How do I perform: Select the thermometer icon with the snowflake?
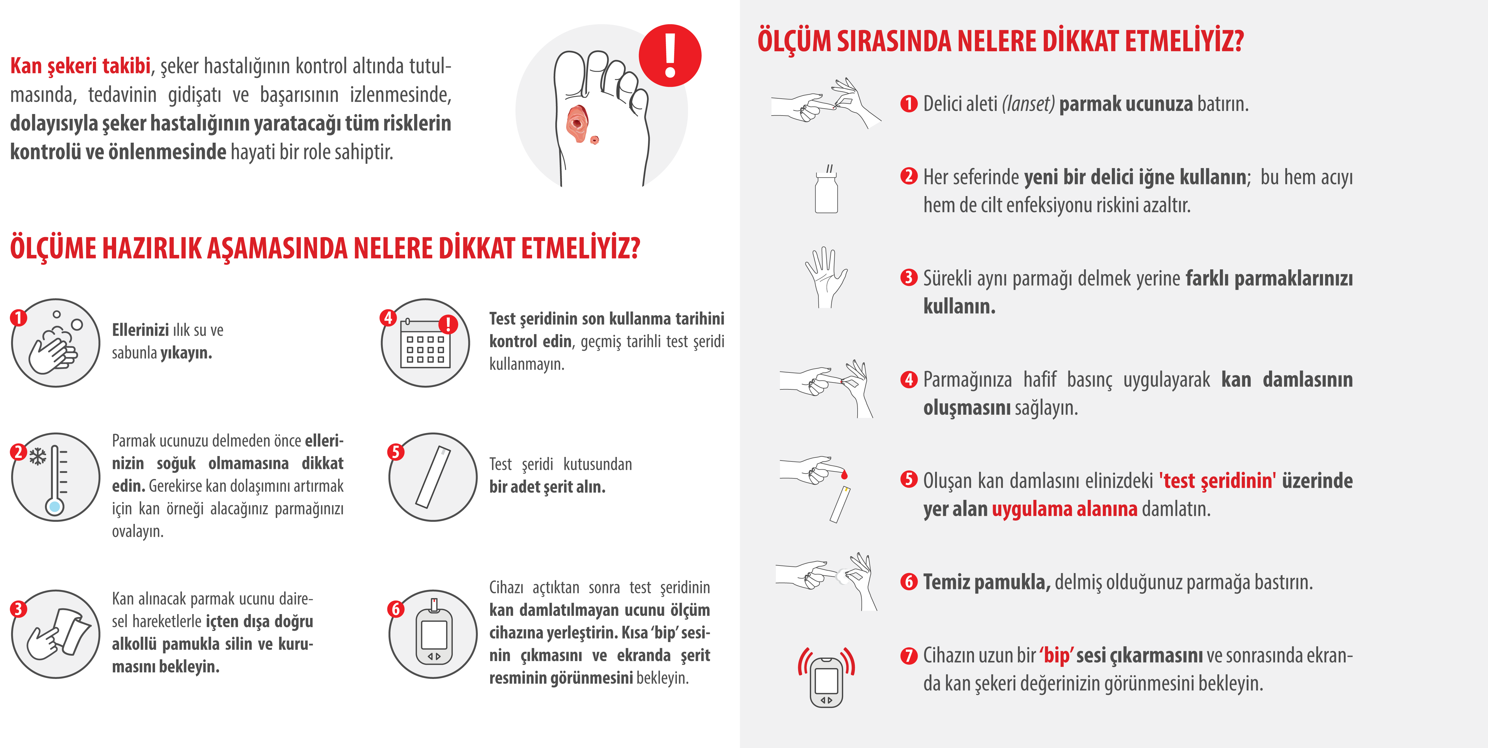pyautogui.click(x=56, y=477)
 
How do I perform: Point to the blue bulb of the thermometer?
pyautogui.click(x=55, y=507)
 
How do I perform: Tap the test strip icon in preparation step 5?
pyautogui.click(x=433, y=477)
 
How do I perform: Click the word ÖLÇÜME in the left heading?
pyautogui.click(x=53, y=248)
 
